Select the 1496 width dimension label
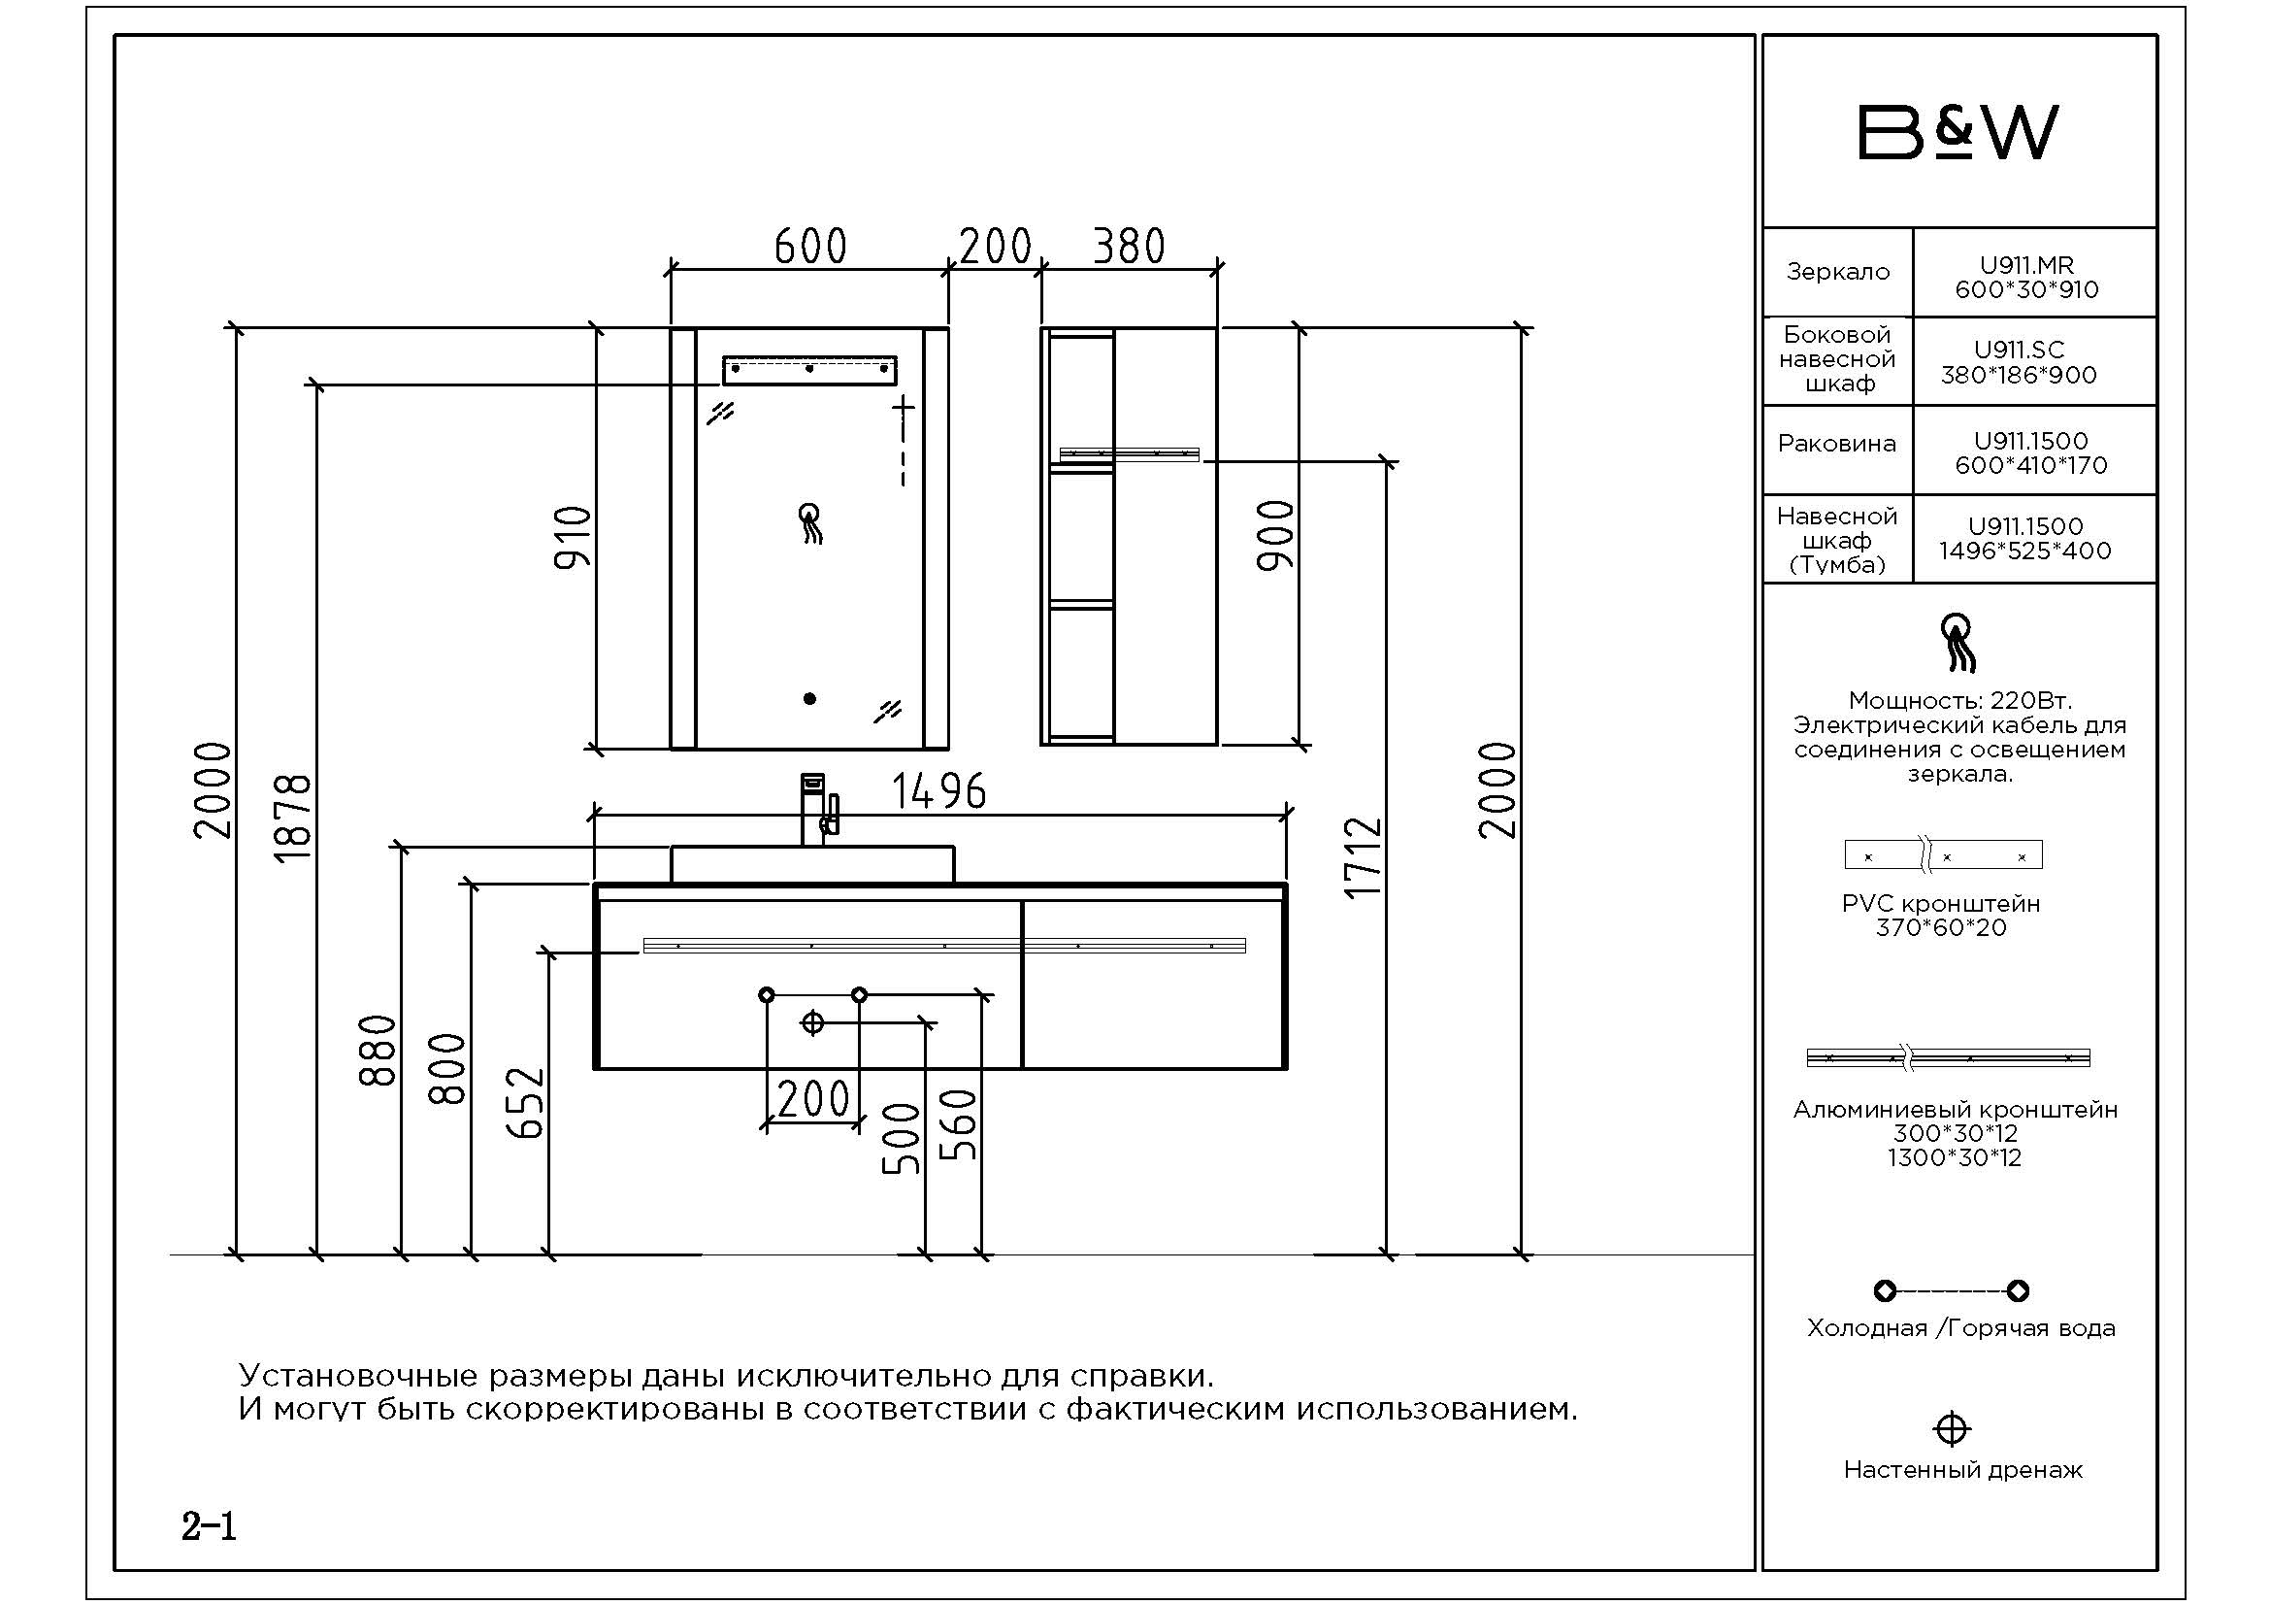point(939,791)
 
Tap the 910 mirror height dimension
point(573,537)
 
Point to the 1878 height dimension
point(293,819)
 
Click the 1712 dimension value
point(1363,856)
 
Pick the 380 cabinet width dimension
point(1129,247)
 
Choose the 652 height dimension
point(526,1103)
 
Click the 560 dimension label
point(958,1124)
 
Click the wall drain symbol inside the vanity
point(811,1022)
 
